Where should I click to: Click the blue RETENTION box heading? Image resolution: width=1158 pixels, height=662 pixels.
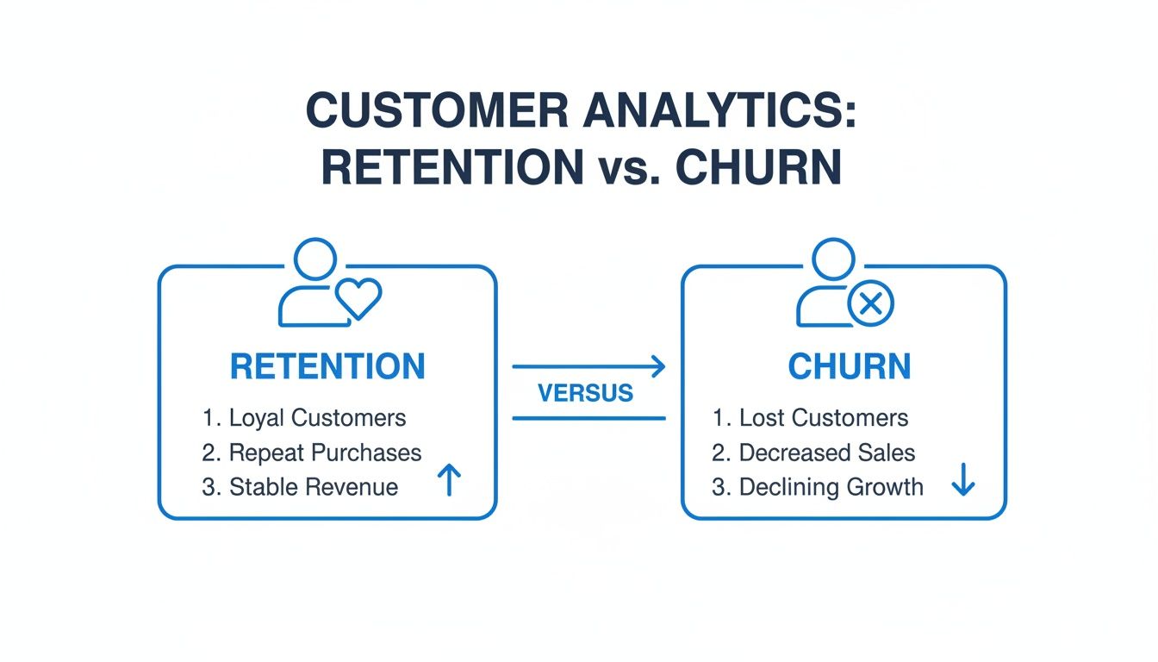click(x=327, y=366)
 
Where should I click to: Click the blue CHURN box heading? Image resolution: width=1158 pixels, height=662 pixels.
click(x=849, y=366)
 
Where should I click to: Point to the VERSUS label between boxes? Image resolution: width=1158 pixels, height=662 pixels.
click(x=585, y=393)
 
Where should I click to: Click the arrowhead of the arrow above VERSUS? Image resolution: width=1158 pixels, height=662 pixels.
click(x=658, y=366)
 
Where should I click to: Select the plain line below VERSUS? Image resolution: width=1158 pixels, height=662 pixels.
click(x=588, y=418)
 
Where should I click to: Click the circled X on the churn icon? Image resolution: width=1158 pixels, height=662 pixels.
click(x=870, y=303)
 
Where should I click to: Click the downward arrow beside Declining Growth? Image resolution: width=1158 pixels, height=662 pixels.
click(x=962, y=483)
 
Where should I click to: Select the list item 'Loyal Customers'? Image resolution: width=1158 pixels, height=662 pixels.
click(x=317, y=418)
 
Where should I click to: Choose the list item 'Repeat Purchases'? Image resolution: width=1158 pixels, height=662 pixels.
click(x=325, y=453)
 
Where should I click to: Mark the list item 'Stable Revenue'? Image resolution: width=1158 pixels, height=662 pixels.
click(x=314, y=487)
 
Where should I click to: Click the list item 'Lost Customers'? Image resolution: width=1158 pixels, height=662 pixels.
click(x=824, y=418)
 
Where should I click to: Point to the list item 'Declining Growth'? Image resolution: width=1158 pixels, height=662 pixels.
click(x=831, y=487)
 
